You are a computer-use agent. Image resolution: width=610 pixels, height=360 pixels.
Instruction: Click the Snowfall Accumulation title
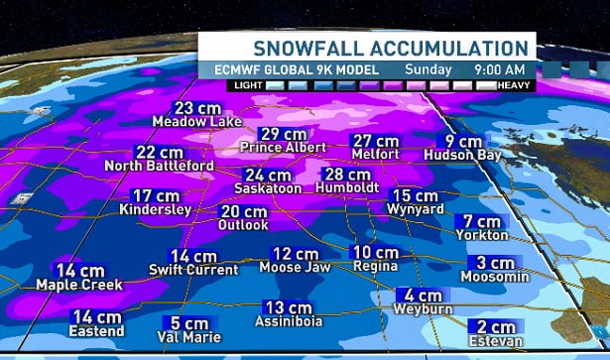click(389, 48)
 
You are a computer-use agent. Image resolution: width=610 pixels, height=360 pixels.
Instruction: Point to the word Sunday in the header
click(430, 69)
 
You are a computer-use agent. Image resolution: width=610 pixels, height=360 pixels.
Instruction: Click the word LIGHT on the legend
click(249, 85)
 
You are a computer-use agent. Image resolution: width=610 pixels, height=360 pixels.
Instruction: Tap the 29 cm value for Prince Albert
click(283, 134)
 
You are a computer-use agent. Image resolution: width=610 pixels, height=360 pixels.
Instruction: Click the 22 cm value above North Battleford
click(159, 152)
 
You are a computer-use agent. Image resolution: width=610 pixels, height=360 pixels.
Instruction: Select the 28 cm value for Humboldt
click(347, 175)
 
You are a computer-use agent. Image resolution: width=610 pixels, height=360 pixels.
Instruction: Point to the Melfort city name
click(376, 155)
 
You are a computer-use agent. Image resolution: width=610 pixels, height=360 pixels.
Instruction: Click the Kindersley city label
click(156, 209)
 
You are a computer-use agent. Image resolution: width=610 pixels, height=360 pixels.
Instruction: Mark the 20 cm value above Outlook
click(242, 211)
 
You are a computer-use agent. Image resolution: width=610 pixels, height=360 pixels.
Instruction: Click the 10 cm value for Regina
click(376, 253)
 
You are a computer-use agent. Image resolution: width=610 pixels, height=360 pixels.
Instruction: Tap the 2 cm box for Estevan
click(495, 327)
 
